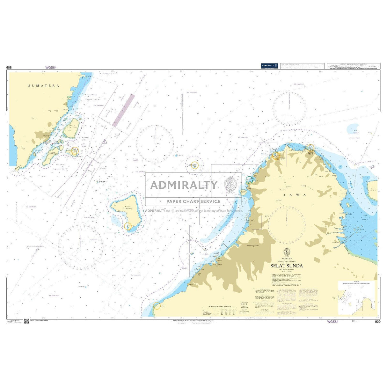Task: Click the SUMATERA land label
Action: [x=44, y=86]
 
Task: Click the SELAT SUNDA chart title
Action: [x=287, y=266]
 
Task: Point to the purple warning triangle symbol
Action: [x=105, y=141]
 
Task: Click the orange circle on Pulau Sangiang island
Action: [x=128, y=226]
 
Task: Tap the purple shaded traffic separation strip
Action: [x=123, y=110]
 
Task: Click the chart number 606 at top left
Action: [x=9, y=68]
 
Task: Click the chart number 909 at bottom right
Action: [x=378, y=322]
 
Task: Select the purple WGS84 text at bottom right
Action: [x=332, y=322]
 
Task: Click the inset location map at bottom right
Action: [x=357, y=298]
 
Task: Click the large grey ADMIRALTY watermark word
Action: [x=184, y=185]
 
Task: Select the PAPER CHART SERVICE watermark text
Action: [x=193, y=201]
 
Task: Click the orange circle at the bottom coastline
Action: [x=157, y=306]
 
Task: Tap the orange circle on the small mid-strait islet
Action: [x=195, y=165]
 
